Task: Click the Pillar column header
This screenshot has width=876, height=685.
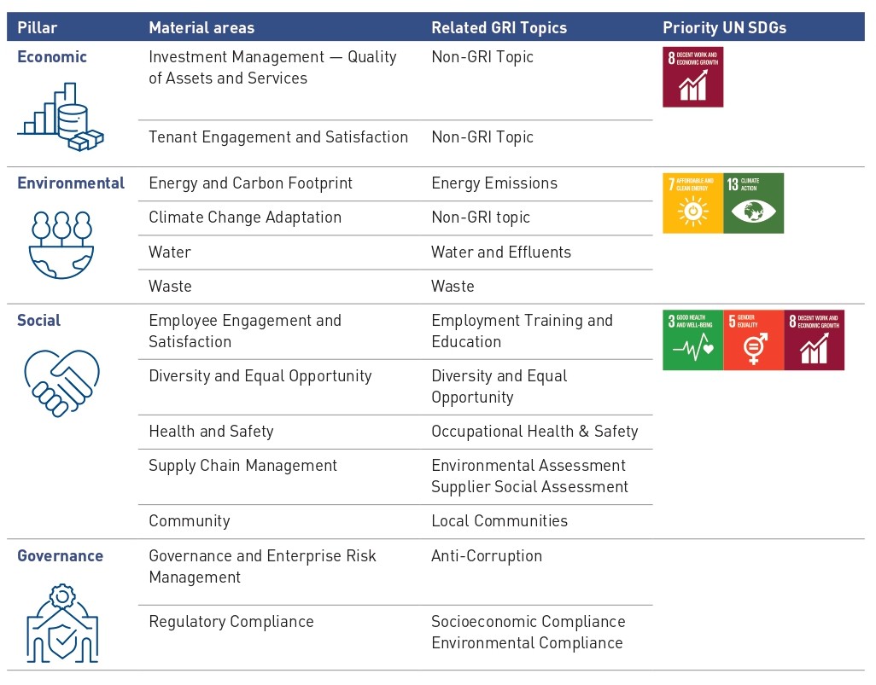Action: [x=38, y=27]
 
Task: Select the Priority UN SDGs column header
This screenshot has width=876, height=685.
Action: [x=724, y=27]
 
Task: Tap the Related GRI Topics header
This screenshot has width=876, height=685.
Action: [x=499, y=27]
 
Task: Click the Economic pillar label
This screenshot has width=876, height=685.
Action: [x=52, y=57]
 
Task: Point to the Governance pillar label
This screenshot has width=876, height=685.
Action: [x=60, y=555]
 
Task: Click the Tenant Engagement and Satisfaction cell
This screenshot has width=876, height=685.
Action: [x=278, y=136]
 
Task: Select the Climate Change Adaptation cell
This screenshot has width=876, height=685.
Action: [x=245, y=218]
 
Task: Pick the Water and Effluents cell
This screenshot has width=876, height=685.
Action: [x=501, y=252]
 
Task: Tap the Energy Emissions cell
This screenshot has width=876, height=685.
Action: [x=494, y=183]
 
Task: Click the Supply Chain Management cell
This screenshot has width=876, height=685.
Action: [x=243, y=466]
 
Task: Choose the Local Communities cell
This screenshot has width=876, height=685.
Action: [x=499, y=520]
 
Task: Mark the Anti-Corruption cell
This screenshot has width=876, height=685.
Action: [x=487, y=555]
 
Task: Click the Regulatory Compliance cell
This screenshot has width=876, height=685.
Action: [x=231, y=622]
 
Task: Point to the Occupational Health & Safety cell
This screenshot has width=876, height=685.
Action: [x=534, y=432]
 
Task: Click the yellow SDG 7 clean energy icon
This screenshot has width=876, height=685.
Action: [x=692, y=203]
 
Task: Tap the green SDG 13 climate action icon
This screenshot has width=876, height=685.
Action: [x=753, y=203]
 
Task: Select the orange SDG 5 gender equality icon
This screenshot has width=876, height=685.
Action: [x=753, y=340]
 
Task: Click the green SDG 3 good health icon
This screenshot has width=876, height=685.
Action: [x=692, y=340]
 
